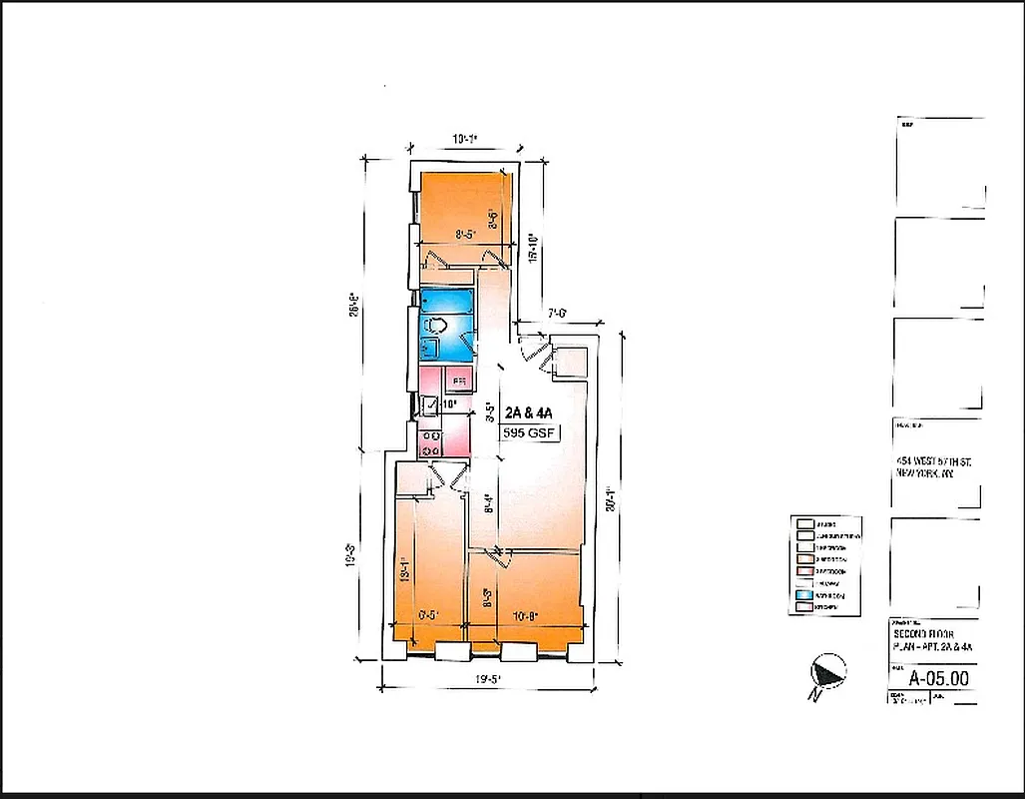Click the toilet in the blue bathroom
coord(436,326)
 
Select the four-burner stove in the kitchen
coord(431,443)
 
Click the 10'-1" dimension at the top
coord(464,141)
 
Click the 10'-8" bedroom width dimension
coord(527,615)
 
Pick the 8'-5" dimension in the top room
coord(466,235)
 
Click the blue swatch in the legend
coord(804,593)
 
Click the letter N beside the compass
coord(815,693)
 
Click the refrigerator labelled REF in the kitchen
coord(458,381)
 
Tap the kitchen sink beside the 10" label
coord(427,404)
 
